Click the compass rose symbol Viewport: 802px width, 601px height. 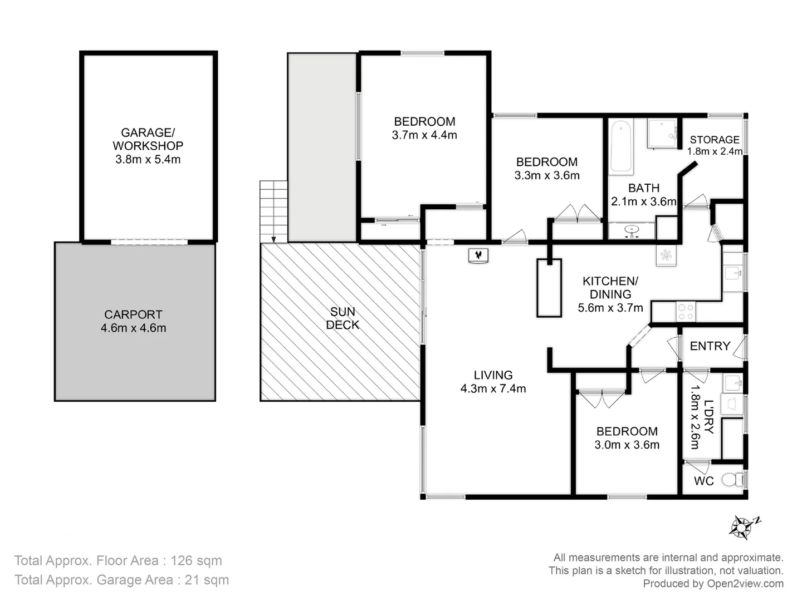point(742,527)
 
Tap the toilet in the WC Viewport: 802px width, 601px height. point(732,479)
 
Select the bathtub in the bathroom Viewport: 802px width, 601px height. point(621,146)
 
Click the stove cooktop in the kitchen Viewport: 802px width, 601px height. point(686,311)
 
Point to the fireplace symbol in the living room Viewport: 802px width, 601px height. point(478,255)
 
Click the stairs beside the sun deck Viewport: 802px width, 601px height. point(273,211)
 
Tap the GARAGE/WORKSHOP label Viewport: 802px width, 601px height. point(148,139)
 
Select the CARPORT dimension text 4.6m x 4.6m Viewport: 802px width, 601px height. point(133,328)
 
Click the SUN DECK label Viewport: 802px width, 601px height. point(342,318)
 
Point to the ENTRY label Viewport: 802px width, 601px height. point(710,346)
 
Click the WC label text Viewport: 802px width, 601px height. point(703,481)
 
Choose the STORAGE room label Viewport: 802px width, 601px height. point(715,140)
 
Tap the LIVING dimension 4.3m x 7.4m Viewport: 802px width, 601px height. point(493,388)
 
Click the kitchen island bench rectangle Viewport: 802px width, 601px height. point(549,288)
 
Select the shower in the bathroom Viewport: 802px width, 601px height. point(662,134)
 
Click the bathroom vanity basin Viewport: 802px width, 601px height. point(632,230)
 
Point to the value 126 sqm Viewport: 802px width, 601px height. point(196,560)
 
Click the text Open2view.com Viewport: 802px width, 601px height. point(745,583)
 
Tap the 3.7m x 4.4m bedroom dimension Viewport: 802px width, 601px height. point(424,135)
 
